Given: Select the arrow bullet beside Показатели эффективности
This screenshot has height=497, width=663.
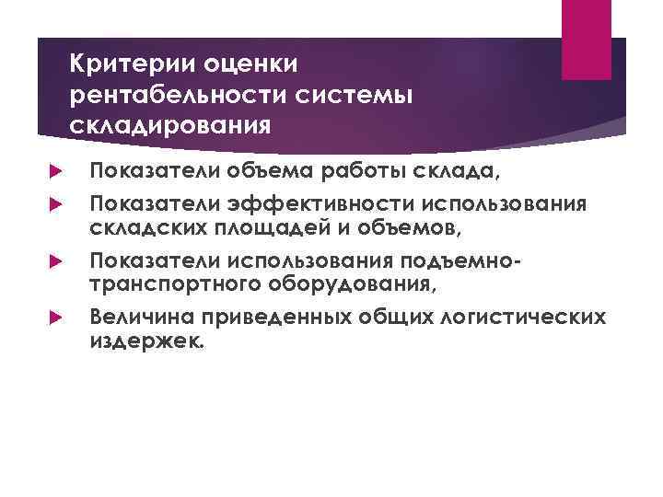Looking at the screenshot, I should point(52,202).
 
